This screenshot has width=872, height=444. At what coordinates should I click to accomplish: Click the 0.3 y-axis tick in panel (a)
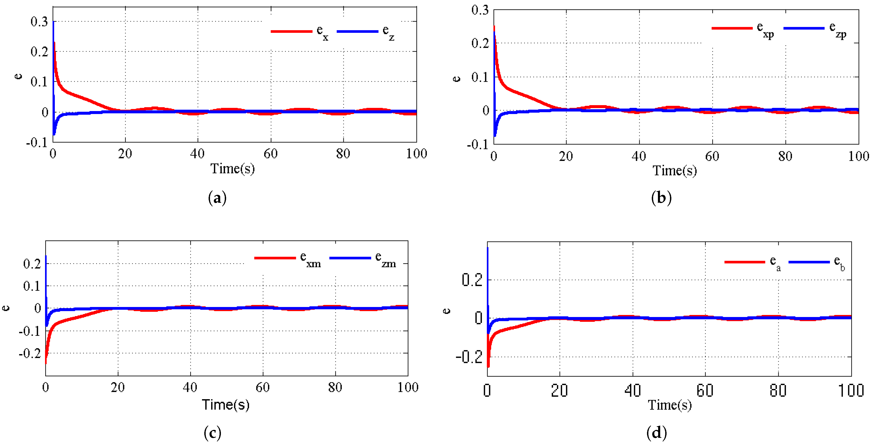39,22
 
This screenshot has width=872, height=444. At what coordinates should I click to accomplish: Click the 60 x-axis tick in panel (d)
705,391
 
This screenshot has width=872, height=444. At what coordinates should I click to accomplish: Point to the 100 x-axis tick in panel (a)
416,154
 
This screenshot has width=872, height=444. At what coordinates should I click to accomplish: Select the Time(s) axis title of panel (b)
675,170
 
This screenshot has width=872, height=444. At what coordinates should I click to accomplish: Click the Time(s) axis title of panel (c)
226,405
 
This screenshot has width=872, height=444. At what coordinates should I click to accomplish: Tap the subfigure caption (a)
217,198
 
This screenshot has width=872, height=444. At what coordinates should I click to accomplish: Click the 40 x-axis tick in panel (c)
190,387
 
